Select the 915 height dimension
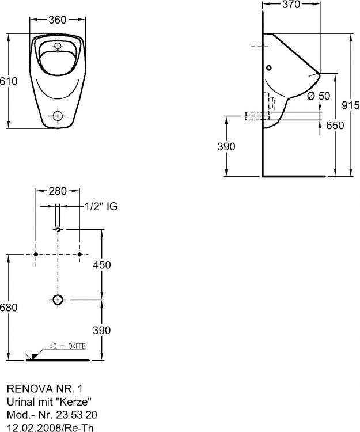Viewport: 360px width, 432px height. (350, 105)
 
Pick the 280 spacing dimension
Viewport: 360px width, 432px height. (57, 191)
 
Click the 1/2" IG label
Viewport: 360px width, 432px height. (101, 206)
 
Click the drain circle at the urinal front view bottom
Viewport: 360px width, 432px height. (57, 116)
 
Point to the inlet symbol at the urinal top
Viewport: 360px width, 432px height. (58, 46)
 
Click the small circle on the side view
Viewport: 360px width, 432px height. (269, 67)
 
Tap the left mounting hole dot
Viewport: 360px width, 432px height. (36, 254)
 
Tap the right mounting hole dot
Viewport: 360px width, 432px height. (79, 254)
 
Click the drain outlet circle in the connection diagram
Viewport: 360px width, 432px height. (58, 300)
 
